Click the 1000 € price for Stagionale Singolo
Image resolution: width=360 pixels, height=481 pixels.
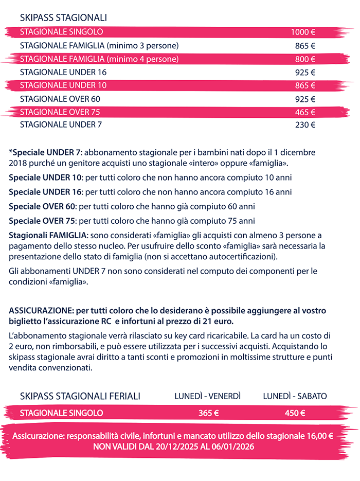click(x=303, y=32)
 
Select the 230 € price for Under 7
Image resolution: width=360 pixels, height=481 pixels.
click(x=305, y=124)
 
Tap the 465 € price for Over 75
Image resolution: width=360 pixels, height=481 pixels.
click(x=305, y=112)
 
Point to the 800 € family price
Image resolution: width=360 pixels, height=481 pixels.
click(x=305, y=59)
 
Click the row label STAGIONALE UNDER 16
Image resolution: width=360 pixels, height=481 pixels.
click(x=63, y=72)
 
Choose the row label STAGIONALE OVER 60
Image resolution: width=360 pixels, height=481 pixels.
click(x=60, y=99)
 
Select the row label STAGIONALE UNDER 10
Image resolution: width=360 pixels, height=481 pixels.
click(x=63, y=85)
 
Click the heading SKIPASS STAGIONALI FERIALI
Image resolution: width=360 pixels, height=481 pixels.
click(x=80, y=396)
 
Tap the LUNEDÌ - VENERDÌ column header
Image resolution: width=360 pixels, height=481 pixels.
click(x=208, y=396)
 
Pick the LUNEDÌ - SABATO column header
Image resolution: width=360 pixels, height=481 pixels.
click(x=295, y=396)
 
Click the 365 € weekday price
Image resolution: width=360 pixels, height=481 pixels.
click(x=209, y=413)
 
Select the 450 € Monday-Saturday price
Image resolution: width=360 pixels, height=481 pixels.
click(x=295, y=413)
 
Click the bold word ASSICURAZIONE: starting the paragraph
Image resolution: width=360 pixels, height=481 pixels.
click(x=41, y=311)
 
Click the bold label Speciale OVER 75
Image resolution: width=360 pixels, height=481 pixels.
click(x=42, y=222)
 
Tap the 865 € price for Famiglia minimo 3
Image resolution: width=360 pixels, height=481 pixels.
click(x=305, y=46)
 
